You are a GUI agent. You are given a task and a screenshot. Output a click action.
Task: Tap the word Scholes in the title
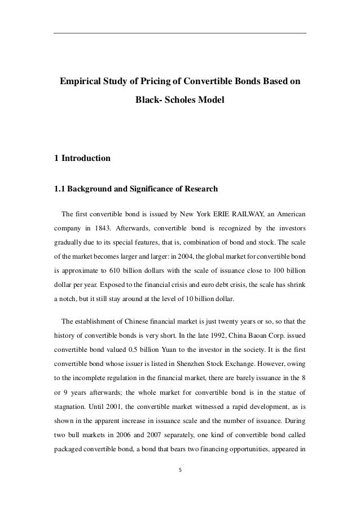pos(185,101)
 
